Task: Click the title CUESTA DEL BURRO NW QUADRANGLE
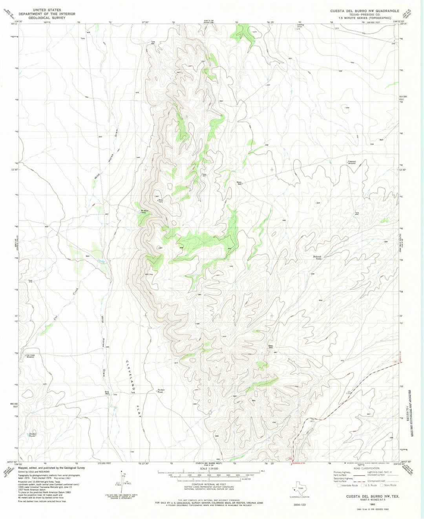(x=365, y=11)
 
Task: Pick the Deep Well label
(x=271, y=346)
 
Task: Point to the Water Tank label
(x=160, y=201)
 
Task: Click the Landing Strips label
(x=300, y=26)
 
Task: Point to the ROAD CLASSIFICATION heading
(x=366, y=468)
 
